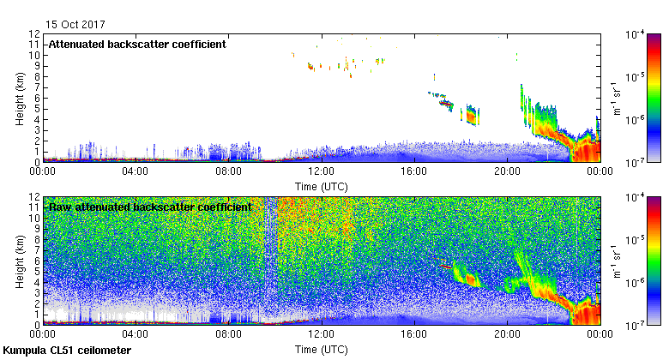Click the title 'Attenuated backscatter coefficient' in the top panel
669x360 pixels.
pyautogui.click(x=136, y=44)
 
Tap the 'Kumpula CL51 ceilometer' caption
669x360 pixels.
pyautogui.click(x=67, y=351)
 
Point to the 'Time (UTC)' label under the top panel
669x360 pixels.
pyautogui.click(x=322, y=186)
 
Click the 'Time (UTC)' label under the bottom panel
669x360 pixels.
pyautogui.click(x=322, y=350)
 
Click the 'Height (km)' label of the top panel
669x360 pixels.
pyautogui.click(x=19, y=98)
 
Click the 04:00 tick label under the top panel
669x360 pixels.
pyautogui.click(x=136, y=171)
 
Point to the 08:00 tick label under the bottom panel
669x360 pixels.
pyautogui.click(x=228, y=334)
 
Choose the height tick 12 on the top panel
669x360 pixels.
pyautogui.click(x=35, y=34)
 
